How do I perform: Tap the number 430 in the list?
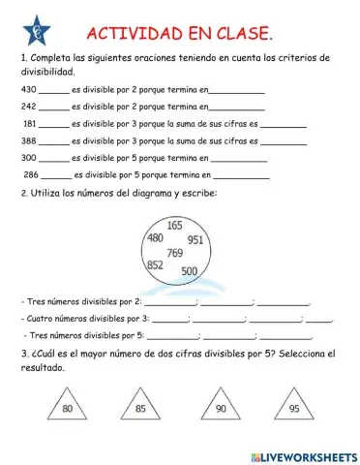tap(28, 89)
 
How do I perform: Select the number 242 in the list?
tap(28, 106)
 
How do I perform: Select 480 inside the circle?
tap(154, 237)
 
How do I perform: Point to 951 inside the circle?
tap(195, 239)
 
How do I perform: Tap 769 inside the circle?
tap(174, 252)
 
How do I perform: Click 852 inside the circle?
tap(154, 263)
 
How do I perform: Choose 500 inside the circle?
tap(189, 270)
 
